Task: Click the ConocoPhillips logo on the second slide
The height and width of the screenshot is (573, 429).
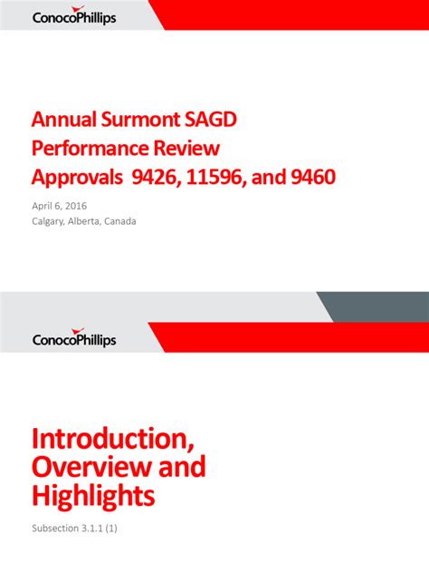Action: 74,338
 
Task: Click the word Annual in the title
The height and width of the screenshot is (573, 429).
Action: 63,120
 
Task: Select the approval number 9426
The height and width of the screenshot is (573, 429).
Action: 157,176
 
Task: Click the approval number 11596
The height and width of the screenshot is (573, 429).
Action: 221,176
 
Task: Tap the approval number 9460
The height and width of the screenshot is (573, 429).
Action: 311,176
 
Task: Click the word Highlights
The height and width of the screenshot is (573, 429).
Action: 93,496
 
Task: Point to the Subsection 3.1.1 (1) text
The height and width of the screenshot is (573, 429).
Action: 74,528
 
